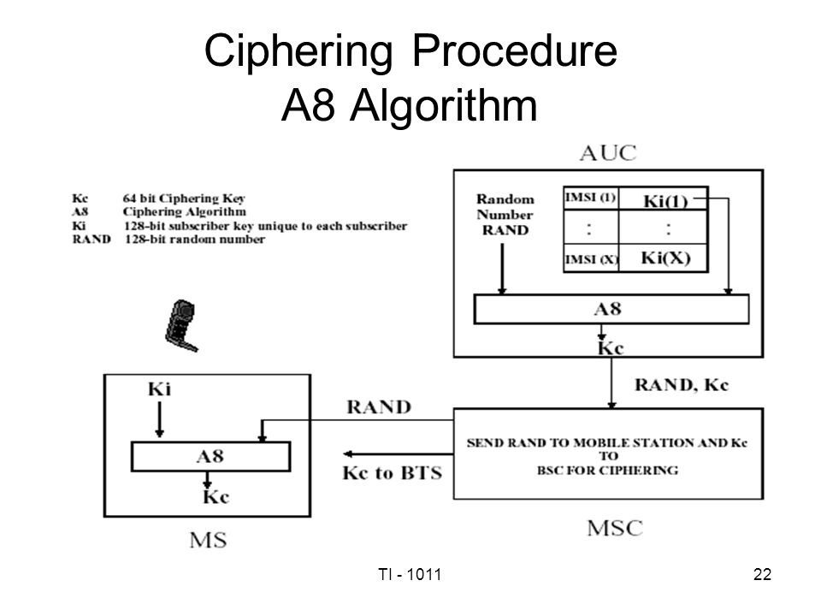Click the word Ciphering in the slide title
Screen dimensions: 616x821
[x=301, y=56]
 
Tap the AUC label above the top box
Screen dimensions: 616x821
[x=609, y=153]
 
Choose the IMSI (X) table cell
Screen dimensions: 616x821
[x=590, y=258]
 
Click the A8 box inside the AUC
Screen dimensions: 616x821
[x=611, y=309]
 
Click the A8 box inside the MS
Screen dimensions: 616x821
[x=210, y=455]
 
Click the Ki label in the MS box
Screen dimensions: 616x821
[x=159, y=390]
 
